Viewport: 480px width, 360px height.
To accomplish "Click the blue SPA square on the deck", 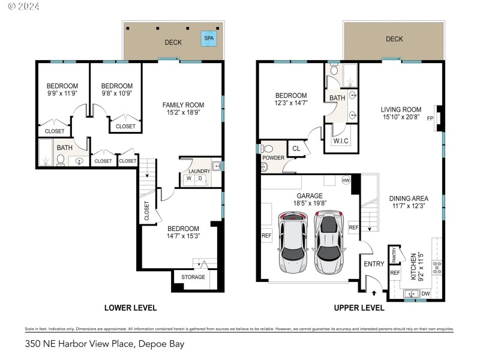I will click(209, 38).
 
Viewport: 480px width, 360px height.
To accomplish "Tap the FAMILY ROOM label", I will click(184, 105).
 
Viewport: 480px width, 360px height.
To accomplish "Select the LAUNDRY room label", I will click(199, 171).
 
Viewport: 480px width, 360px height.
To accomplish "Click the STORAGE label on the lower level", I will click(193, 277).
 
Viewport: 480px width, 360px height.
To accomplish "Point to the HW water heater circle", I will click(346, 180).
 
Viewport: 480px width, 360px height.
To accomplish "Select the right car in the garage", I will click(329, 240).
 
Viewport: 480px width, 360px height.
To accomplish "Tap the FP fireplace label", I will click(430, 119).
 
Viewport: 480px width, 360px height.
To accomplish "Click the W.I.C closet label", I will click(341, 141).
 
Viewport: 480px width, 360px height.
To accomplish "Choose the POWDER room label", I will click(272, 158).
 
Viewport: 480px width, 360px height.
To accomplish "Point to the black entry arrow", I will click(374, 293).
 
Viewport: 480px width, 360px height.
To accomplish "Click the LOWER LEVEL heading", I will click(130, 308).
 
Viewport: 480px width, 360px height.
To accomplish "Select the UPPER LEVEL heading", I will click(359, 308).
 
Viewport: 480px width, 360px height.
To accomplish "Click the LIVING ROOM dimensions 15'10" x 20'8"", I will click(401, 118).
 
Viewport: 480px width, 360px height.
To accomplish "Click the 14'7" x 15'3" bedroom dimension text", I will click(183, 236).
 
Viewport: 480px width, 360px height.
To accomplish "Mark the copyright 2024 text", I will click(24, 6).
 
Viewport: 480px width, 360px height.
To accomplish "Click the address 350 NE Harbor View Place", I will click(104, 344).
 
